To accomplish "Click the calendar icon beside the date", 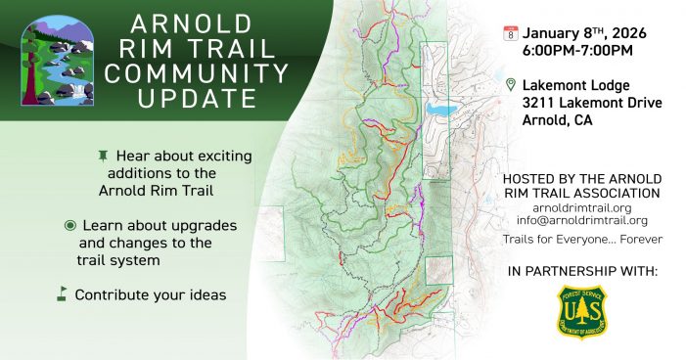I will click(x=510, y=33).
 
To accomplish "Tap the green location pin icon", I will click(x=510, y=86).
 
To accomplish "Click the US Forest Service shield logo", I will click(x=581, y=311).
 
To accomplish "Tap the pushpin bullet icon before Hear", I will click(x=103, y=157).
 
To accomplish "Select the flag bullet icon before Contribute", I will click(x=62, y=293).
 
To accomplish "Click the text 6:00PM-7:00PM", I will click(x=578, y=49).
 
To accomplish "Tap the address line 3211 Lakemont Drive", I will click(x=591, y=104).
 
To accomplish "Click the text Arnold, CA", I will click(x=557, y=121).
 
